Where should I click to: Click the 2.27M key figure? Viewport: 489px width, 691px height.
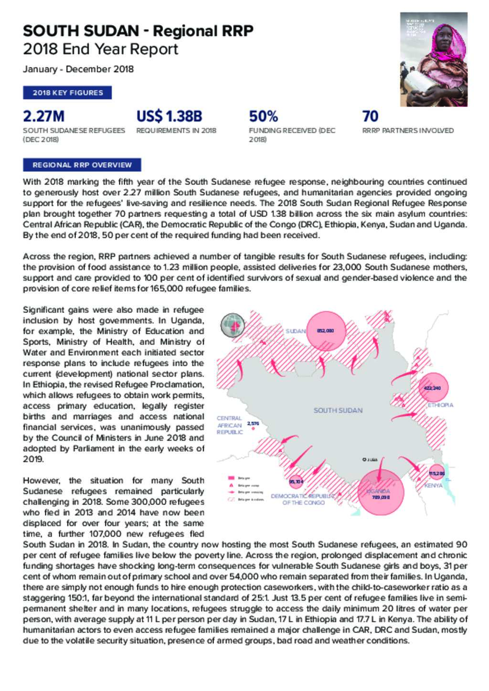pyautogui.click(x=43, y=116)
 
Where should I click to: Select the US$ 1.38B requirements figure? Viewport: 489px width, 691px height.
pyautogui.click(x=169, y=116)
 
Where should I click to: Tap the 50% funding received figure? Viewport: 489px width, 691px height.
pyautogui.click(x=263, y=116)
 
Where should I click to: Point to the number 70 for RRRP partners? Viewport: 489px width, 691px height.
pyautogui.click(x=370, y=116)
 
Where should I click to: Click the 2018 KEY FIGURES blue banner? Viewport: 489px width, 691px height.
pyautogui.click(x=67, y=93)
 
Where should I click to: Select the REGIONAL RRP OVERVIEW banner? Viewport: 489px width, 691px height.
pyautogui.click(x=82, y=165)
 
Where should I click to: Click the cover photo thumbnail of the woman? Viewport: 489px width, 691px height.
pyautogui.click(x=433, y=59)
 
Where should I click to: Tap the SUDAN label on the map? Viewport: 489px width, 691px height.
pyautogui.click(x=295, y=331)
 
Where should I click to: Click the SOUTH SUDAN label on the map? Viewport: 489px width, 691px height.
pyautogui.click(x=338, y=410)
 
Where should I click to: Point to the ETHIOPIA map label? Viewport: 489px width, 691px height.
pyautogui.click(x=440, y=405)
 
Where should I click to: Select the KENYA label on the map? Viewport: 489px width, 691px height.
pyautogui.click(x=433, y=485)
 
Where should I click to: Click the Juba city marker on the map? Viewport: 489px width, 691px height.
pyautogui.click(x=364, y=460)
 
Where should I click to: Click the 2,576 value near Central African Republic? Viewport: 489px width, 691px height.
pyautogui.click(x=253, y=423)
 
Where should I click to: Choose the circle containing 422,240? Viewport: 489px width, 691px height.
pyautogui.click(x=432, y=388)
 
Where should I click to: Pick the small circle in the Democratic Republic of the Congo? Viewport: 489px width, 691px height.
pyautogui.click(x=296, y=482)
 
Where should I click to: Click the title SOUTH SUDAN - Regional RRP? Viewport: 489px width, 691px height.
pyautogui.click(x=138, y=31)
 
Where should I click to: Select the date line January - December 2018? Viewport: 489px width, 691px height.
pyautogui.click(x=78, y=69)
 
